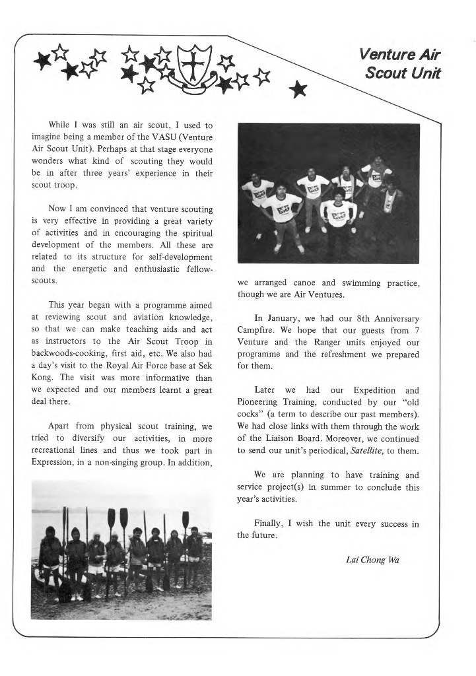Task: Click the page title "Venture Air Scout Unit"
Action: point(400,63)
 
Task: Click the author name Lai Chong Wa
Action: point(372,560)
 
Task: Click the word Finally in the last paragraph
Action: point(269,524)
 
